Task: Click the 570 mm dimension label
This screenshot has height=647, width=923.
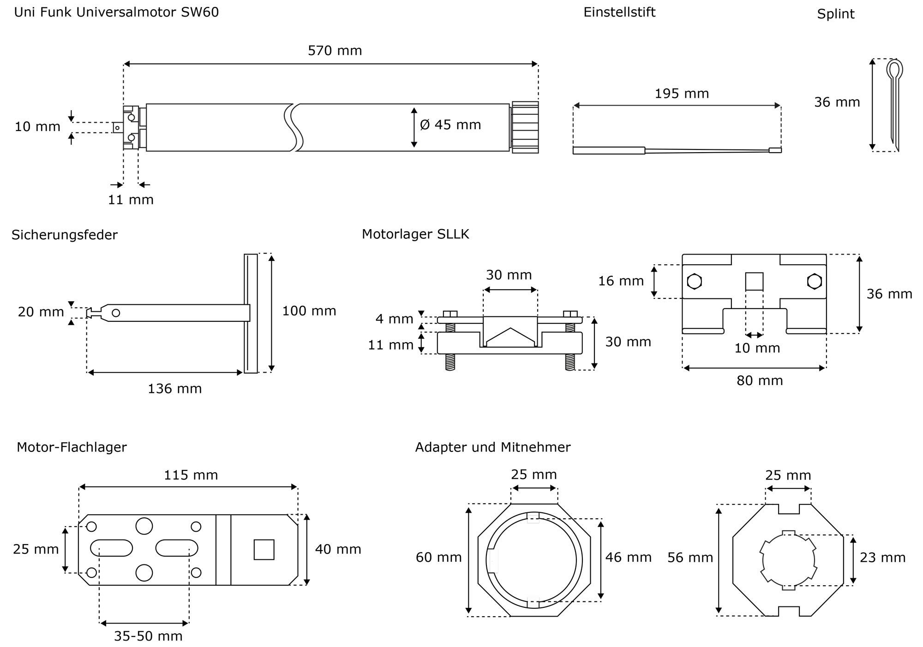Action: [335, 50]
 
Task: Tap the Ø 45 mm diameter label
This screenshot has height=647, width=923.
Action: [450, 125]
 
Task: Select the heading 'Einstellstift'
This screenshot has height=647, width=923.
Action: [619, 12]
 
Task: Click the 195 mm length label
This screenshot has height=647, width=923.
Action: [682, 94]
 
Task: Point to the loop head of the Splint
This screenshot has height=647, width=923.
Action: [894, 69]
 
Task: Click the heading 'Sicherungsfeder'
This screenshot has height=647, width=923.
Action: [65, 235]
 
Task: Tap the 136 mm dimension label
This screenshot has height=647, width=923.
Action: [174, 389]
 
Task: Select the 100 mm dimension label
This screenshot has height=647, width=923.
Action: [309, 311]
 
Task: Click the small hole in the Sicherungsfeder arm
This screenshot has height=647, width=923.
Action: [116, 313]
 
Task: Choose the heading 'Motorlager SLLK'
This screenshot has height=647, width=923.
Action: [415, 234]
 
